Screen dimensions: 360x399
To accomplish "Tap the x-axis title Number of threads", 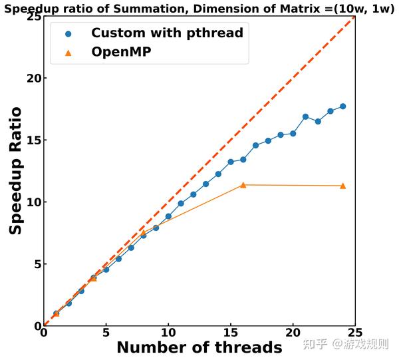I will click(199, 347).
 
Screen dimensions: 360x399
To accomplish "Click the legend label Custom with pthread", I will click(167, 33).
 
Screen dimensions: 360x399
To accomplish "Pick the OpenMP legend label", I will click(121, 52).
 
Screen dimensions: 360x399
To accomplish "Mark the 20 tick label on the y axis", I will click(31, 79).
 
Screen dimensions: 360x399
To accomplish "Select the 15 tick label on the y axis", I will click(31, 140).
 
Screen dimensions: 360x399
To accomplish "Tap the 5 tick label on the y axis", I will click(34, 264).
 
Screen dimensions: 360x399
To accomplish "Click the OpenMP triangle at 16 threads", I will click(243, 185).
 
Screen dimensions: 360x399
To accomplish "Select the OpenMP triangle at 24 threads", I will click(342, 186).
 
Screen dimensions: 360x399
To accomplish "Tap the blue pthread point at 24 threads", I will click(342, 106).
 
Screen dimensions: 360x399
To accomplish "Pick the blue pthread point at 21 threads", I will click(305, 116).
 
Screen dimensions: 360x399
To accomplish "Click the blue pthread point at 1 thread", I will click(56, 313).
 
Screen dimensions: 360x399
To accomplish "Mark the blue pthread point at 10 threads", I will click(168, 216).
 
